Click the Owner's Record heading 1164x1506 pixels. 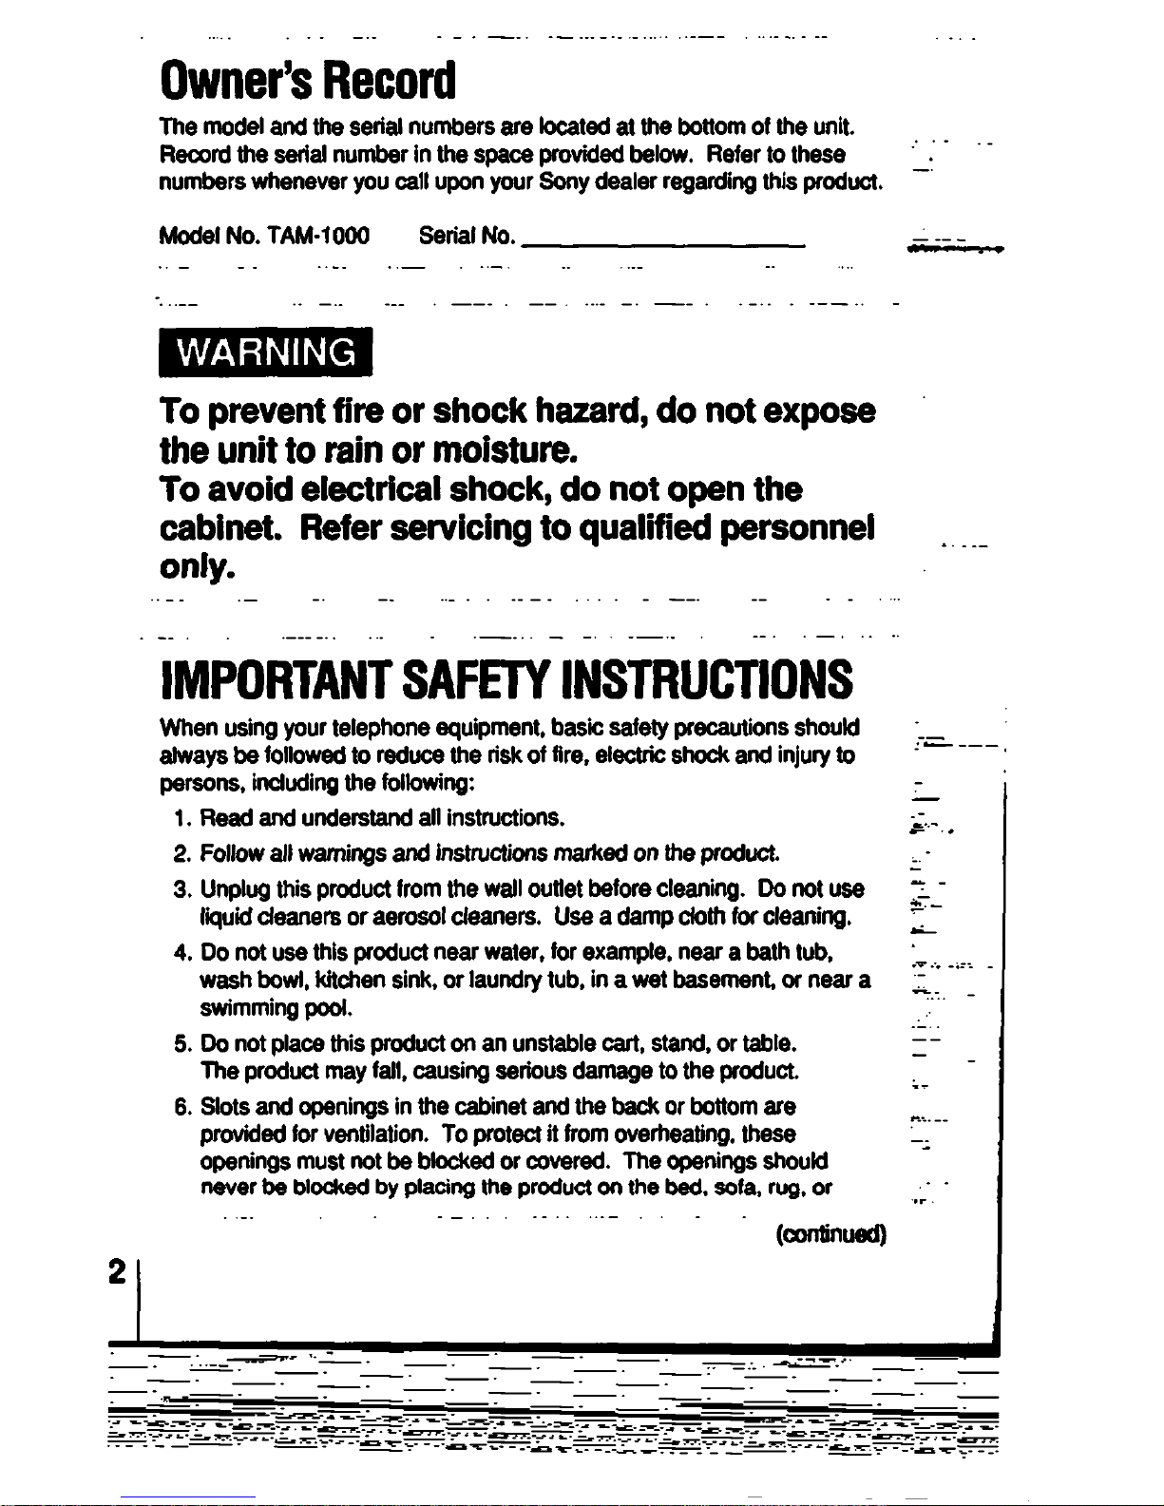(x=308, y=81)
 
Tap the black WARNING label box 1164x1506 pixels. (x=266, y=353)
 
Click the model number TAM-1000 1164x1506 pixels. (x=319, y=236)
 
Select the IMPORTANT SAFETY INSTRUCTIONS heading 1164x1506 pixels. (x=507, y=680)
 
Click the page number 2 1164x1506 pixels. (x=118, y=1271)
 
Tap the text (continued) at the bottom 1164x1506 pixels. (x=830, y=1234)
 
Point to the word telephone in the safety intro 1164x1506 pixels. (x=381, y=729)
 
